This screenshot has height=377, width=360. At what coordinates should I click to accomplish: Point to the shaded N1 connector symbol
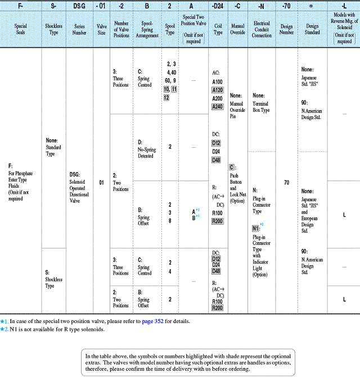point(256,228)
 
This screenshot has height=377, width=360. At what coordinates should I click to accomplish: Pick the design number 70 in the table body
point(286,183)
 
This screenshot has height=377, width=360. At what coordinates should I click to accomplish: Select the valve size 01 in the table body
point(102,183)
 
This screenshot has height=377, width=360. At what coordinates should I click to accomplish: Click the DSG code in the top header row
point(80,6)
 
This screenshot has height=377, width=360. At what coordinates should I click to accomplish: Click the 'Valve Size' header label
point(102,29)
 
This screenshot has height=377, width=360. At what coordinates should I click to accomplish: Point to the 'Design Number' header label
point(286,29)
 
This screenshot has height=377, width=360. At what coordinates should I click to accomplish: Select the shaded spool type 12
point(166,98)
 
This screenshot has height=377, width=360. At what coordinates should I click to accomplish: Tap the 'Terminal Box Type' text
point(261,107)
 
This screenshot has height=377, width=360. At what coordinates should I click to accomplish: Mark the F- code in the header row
point(21,6)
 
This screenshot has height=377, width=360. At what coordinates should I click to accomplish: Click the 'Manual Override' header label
point(237,29)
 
